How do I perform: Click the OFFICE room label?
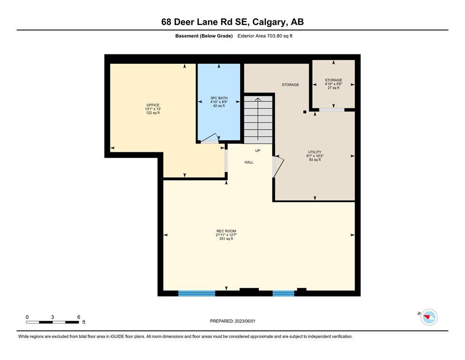point(153,105)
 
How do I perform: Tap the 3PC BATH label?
point(219,98)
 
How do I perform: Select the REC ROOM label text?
point(226,231)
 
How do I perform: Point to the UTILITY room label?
point(315,152)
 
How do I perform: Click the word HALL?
point(249,162)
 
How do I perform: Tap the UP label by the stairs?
point(258,151)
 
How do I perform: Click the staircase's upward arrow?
point(258,119)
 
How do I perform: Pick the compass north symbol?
point(429,317)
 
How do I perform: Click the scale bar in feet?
point(52,322)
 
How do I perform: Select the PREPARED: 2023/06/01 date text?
point(232,321)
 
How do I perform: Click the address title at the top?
point(232,22)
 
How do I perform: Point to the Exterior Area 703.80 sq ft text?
point(265,36)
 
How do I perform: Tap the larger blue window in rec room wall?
point(197,293)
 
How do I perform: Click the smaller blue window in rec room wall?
point(283,293)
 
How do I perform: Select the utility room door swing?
point(278,167)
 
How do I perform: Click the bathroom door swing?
point(210,139)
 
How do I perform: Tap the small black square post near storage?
point(304,112)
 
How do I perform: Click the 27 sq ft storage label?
point(333,88)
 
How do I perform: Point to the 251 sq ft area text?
point(226,239)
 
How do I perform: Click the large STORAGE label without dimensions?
point(290,85)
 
